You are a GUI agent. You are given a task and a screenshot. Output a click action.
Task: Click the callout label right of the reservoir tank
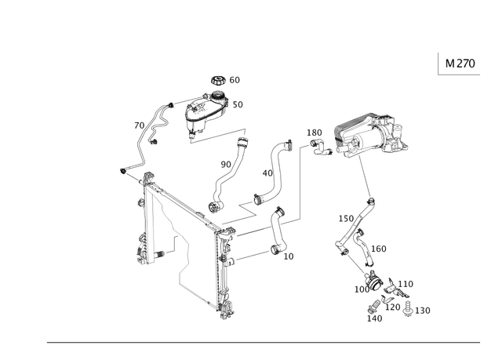point(238,104)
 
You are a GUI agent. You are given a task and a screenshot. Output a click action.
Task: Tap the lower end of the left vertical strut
point(143,253)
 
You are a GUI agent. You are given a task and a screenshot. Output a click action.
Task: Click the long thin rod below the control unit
point(363,177)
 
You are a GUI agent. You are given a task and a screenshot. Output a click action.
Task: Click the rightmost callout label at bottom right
point(424,311)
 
